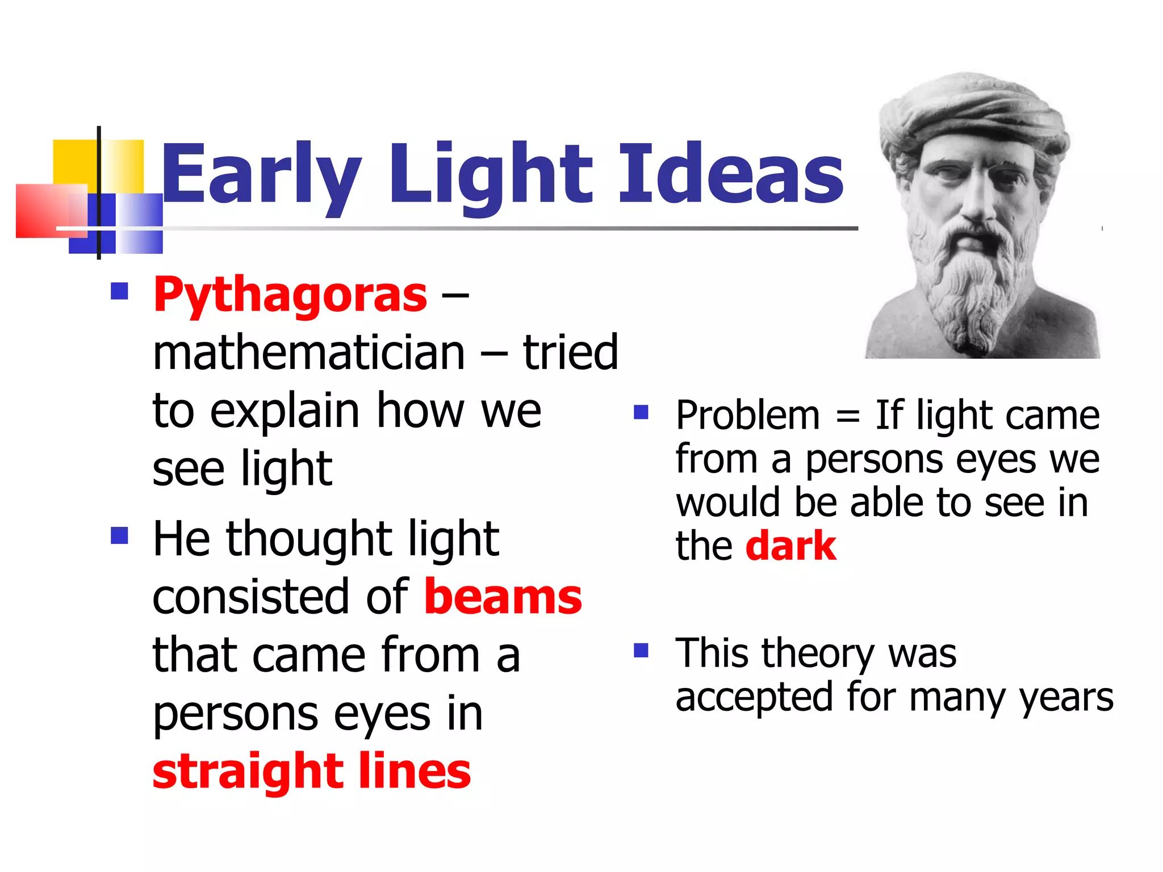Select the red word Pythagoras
click(290, 295)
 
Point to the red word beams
click(503, 597)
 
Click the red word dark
click(790, 546)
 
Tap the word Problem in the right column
click(748, 416)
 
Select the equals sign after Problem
click(848, 417)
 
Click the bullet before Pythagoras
click(119, 292)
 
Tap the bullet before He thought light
click(119, 535)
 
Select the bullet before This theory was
click(641, 650)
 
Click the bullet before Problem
click(641, 412)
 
